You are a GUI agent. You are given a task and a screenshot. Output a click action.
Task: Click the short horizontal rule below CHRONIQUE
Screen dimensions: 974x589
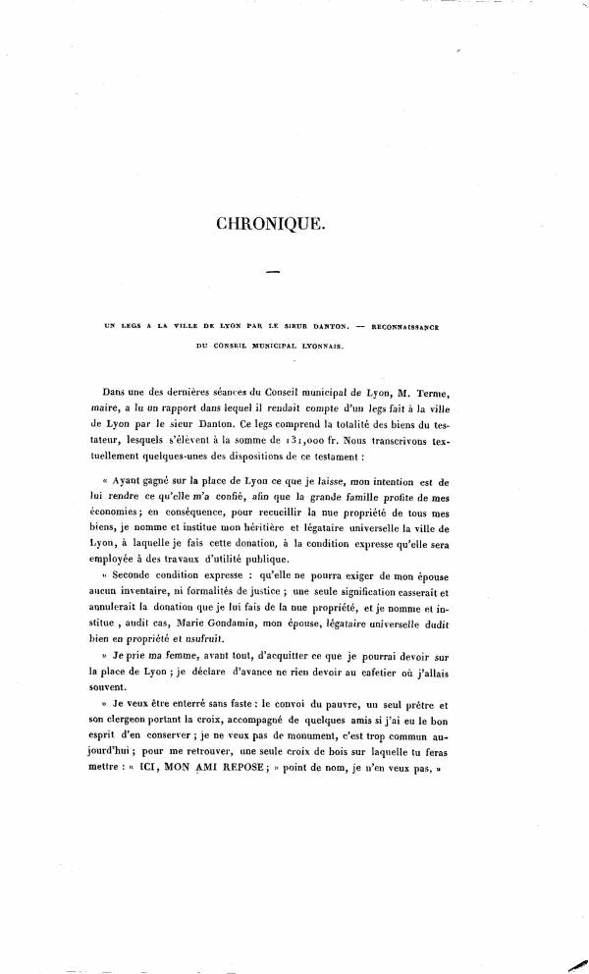pyautogui.click(x=273, y=272)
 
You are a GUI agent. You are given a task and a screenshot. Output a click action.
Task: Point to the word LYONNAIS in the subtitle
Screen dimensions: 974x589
pyautogui.click(x=316, y=346)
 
